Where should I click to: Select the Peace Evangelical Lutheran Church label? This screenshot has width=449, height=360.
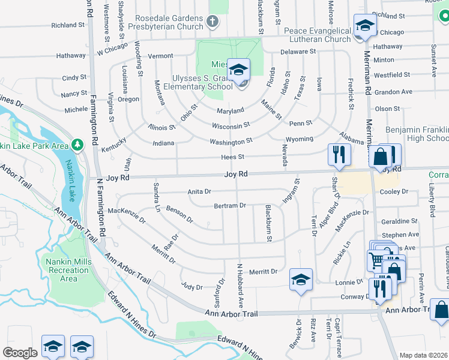click(x=318, y=35)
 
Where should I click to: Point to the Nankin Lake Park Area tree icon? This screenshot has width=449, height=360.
click(x=77, y=145)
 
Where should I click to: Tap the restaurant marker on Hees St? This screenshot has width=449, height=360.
click(x=339, y=154)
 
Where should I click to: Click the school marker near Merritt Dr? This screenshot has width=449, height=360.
click(x=301, y=280)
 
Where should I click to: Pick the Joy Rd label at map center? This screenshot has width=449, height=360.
click(x=236, y=174)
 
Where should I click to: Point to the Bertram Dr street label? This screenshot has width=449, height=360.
click(x=231, y=206)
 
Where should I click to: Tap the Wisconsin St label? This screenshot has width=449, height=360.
click(x=231, y=126)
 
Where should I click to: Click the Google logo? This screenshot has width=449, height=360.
click(x=20, y=353)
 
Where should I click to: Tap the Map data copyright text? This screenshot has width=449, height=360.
click(x=423, y=355)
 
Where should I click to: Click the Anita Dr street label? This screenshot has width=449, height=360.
click(x=199, y=191)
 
